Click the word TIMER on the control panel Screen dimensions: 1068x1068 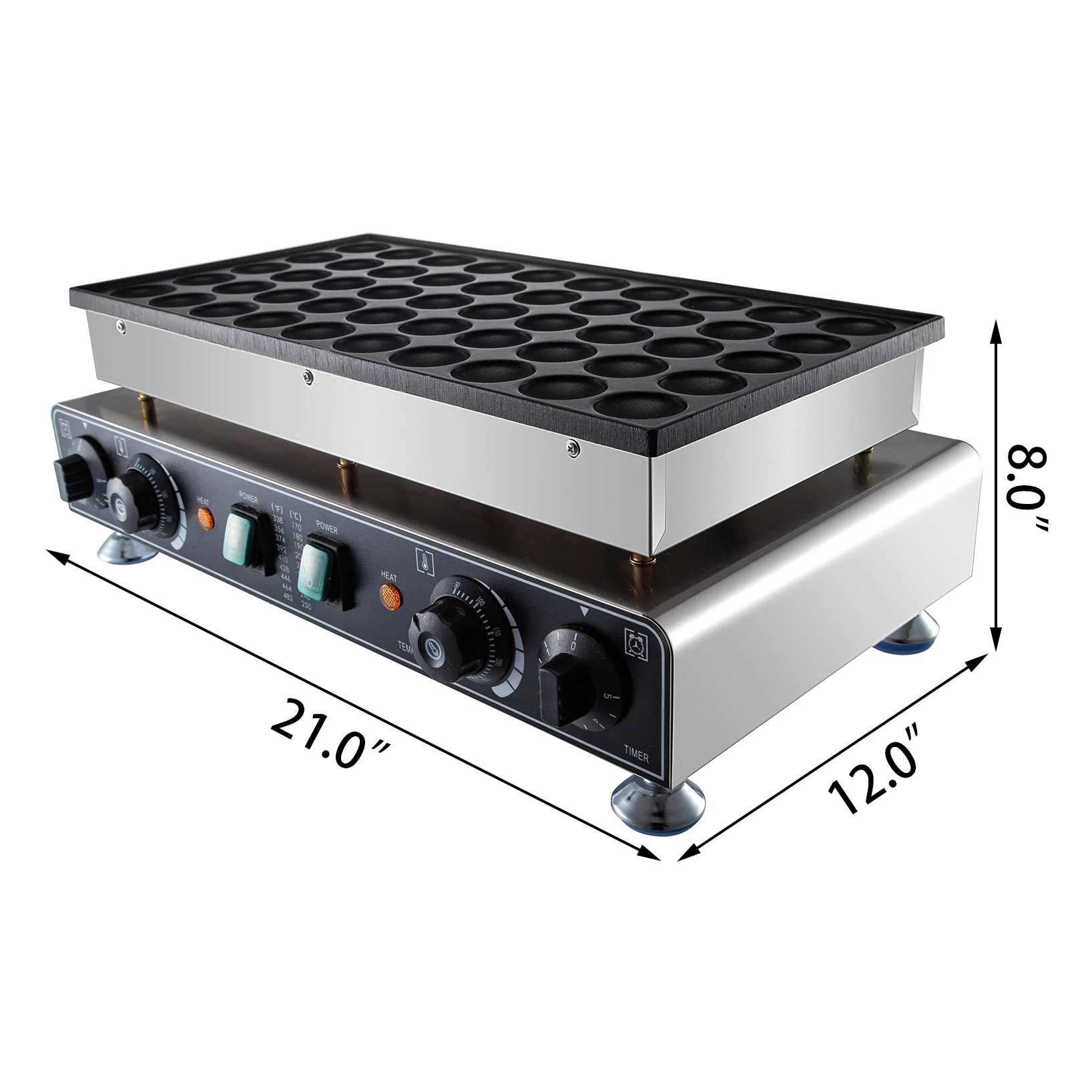pyautogui.click(x=636, y=756)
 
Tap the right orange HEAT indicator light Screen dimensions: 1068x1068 pyautogui.click(x=390, y=596)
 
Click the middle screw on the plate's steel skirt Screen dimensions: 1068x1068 pyautogui.click(x=307, y=378)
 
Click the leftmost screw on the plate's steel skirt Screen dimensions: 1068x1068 pyautogui.click(x=120, y=326)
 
